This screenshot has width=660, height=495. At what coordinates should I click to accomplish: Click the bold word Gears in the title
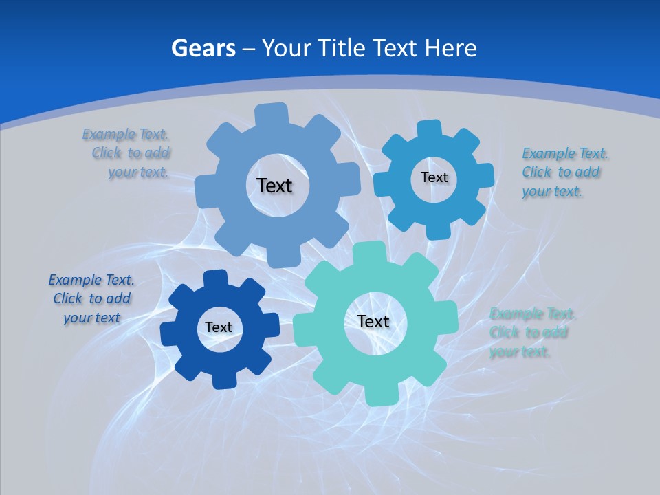coord(203,48)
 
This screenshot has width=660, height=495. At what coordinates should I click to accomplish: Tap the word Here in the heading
coord(450,48)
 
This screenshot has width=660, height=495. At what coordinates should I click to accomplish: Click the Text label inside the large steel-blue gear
coord(274,186)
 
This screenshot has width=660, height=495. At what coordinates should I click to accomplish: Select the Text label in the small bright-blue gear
coord(434,177)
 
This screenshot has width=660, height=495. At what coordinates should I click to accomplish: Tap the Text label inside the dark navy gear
coord(219,327)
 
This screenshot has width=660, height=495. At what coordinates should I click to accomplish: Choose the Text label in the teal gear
coord(373,321)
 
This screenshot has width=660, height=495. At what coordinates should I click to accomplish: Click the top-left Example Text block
coord(127,153)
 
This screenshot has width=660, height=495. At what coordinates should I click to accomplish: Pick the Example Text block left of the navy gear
coord(91,298)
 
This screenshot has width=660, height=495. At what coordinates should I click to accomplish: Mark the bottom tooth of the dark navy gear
coord(223,379)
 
